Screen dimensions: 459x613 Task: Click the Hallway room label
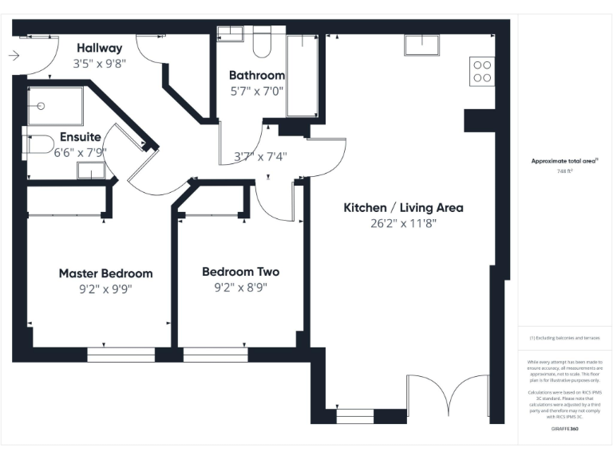(100, 48)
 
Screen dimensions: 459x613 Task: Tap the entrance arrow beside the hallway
(14, 56)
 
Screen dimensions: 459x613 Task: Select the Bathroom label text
(256, 76)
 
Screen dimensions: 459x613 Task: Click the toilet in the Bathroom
(262, 45)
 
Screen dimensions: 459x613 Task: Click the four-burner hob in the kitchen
(482, 72)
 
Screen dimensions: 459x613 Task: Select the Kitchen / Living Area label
(403, 208)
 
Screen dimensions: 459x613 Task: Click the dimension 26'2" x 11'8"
(403, 223)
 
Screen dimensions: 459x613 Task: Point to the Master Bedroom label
(105, 273)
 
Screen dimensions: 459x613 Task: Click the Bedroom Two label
(240, 272)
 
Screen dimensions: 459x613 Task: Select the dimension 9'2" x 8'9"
(240, 287)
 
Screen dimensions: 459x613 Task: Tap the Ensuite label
(81, 137)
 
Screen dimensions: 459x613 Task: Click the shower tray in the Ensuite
(55, 106)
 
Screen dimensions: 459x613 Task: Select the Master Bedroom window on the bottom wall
(121, 355)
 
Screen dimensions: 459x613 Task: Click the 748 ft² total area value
(565, 171)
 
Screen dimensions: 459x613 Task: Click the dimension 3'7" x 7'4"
(260, 157)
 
